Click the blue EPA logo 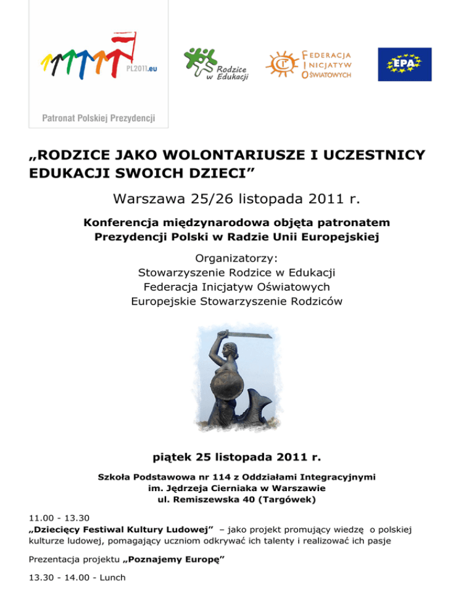point(405,64)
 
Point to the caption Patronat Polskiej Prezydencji point(98,117)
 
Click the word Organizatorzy point(237,258)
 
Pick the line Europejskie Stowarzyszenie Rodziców point(237,301)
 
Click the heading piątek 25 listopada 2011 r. point(236,458)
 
